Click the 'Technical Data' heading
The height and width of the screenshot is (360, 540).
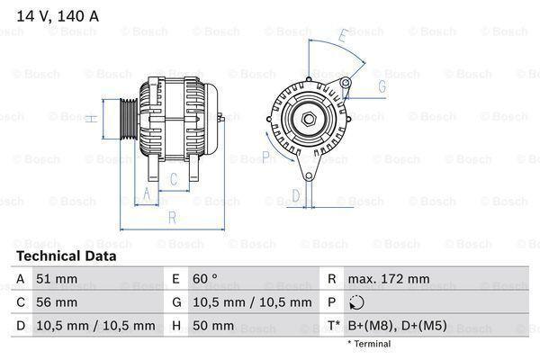pyautogui.click(x=67, y=256)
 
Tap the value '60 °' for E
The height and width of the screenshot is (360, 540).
pyautogui.click(x=208, y=279)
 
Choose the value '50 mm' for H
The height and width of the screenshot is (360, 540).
pyautogui.click(x=213, y=326)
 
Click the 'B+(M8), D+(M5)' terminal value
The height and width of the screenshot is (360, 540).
pyautogui.click(x=402, y=326)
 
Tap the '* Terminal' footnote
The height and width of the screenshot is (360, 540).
pyautogui.click(x=369, y=344)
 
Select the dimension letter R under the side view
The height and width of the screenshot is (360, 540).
pyautogui.click(x=172, y=217)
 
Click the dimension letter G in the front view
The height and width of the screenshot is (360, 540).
pyautogui.click(x=382, y=86)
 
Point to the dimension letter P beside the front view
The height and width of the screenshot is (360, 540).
pyautogui.click(x=265, y=157)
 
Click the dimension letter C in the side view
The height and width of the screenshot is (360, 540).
pyautogui.click(x=174, y=177)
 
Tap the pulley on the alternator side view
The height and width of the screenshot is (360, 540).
pyautogui.click(x=127, y=119)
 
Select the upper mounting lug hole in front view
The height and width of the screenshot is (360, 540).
pyautogui.click(x=345, y=84)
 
